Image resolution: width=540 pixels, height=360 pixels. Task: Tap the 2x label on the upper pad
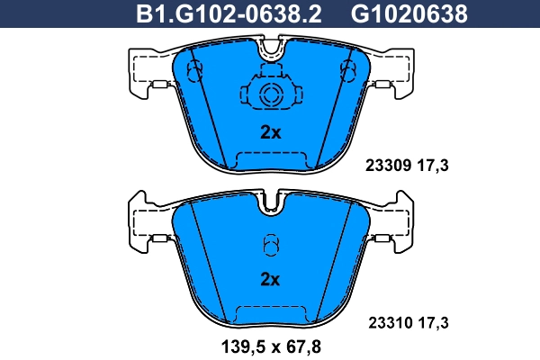pos(270,132)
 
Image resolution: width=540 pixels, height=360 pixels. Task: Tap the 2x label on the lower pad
pos(270,279)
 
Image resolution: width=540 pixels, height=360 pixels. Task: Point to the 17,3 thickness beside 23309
pos(435,165)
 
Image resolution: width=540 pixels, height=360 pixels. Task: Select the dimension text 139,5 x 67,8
pos(269,345)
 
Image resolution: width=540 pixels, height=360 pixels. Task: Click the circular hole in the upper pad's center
pos(270,95)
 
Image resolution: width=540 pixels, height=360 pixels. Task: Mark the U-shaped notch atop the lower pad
pos(270,202)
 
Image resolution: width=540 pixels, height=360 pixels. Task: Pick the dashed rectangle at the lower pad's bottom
pos(270,314)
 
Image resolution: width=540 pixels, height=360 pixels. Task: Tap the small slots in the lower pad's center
pos(270,246)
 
